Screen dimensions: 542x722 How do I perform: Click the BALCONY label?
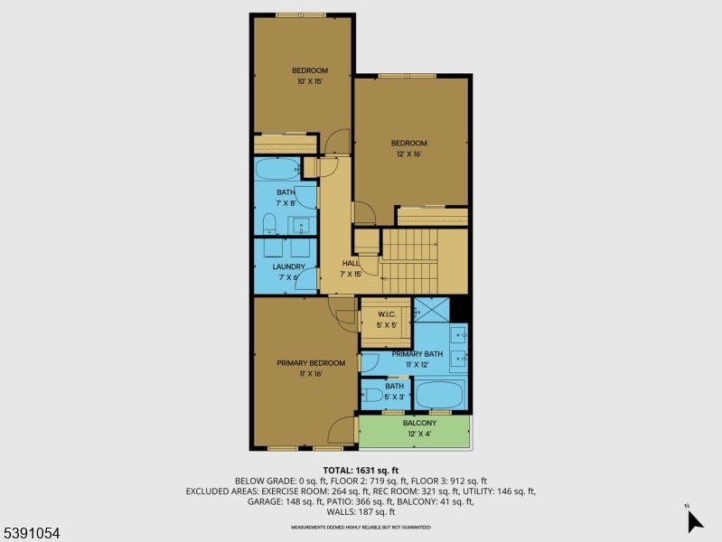click(419, 423)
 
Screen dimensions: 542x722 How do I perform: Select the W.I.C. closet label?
click(386, 315)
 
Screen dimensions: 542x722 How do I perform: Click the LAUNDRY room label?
click(288, 266)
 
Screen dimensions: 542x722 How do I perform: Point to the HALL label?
click(350, 263)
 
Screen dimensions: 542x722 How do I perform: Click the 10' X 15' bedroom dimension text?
click(309, 81)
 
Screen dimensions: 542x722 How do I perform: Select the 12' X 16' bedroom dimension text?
click(408, 154)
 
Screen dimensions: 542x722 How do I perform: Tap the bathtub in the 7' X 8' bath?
click(277, 170)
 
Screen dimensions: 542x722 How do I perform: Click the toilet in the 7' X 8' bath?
click(269, 223)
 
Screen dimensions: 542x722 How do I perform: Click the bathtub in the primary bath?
click(440, 395)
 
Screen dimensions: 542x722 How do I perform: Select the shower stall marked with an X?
click(431, 310)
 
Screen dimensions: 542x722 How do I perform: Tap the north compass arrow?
click(693, 521)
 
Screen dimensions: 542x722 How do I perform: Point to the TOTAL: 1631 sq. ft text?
click(361, 470)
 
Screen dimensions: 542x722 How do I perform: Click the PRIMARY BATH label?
click(417, 354)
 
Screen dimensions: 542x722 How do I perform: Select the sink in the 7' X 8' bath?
click(302, 224)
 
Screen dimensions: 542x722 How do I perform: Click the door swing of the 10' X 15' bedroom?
click(336, 141)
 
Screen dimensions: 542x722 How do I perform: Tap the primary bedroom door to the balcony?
click(342, 430)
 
